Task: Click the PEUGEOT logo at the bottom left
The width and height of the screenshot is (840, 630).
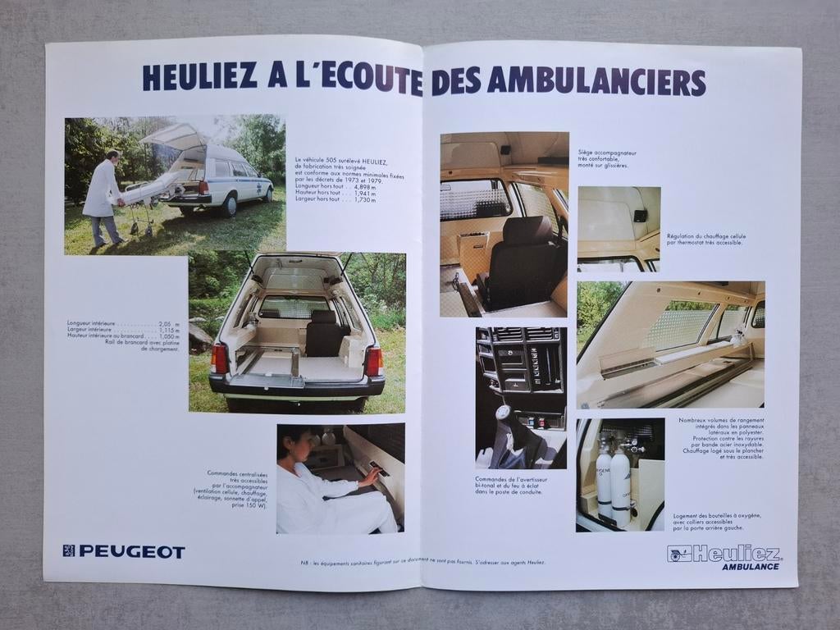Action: [124, 551]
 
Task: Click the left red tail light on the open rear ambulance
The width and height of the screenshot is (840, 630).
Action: [219, 358]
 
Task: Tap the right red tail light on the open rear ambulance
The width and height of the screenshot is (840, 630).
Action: [373, 360]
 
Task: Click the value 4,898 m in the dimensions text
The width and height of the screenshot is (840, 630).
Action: [364, 187]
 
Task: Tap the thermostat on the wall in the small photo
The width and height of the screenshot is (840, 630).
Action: [639, 216]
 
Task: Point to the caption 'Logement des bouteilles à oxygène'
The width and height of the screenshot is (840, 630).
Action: [717, 520]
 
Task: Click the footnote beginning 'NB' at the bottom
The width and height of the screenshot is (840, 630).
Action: [422, 562]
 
